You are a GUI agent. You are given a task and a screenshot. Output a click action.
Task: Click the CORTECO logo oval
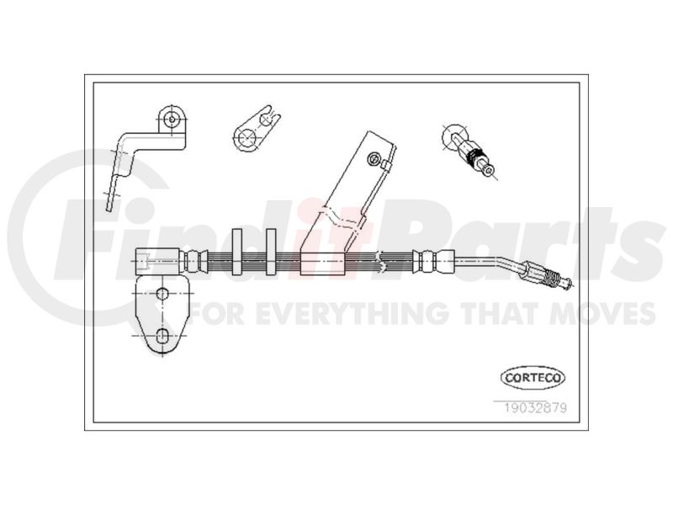click(533, 378)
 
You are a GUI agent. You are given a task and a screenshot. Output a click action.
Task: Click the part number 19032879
click(536, 407)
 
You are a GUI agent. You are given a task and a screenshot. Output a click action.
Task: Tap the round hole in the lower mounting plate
click(162, 294)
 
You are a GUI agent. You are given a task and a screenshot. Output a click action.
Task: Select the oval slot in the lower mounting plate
click(162, 335)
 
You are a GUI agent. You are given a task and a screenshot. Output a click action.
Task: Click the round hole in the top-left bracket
click(172, 119)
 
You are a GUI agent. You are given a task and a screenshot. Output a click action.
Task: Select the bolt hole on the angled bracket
click(374, 159)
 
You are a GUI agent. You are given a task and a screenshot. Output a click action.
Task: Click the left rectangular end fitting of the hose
click(157, 262)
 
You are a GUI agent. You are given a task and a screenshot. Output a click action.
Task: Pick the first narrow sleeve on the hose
click(237, 252)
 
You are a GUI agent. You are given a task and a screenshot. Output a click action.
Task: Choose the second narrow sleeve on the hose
click(271, 252)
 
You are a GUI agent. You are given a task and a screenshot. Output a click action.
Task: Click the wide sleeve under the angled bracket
click(322, 263)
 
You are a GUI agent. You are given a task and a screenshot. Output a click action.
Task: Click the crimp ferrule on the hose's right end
click(432, 261)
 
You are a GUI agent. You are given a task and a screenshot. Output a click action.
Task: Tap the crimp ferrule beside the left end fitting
click(193, 262)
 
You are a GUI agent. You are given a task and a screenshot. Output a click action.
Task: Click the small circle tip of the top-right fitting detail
click(489, 171)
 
